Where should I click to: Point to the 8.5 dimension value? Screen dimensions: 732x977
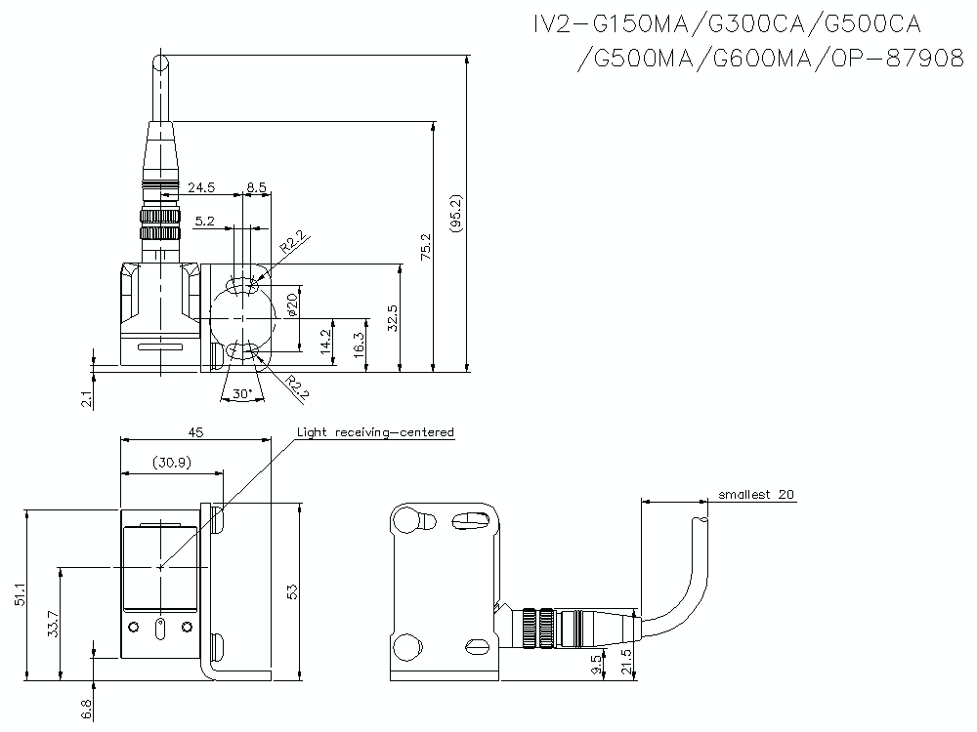[x=256, y=185]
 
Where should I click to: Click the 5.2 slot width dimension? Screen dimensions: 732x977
[x=204, y=222]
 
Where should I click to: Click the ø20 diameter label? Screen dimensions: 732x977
[x=291, y=308]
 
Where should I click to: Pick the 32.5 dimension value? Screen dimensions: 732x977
[x=393, y=317]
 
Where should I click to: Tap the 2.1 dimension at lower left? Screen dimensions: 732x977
[x=86, y=397]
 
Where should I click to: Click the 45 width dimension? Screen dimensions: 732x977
[x=196, y=430]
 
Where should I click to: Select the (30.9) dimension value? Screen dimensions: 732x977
[x=172, y=463]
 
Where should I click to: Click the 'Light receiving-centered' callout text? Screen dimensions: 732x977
[x=375, y=431]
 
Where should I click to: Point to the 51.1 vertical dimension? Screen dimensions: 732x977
[x=21, y=594]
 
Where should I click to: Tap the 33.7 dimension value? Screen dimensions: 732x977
[x=52, y=622]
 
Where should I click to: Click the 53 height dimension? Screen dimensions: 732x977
[x=291, y=590]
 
